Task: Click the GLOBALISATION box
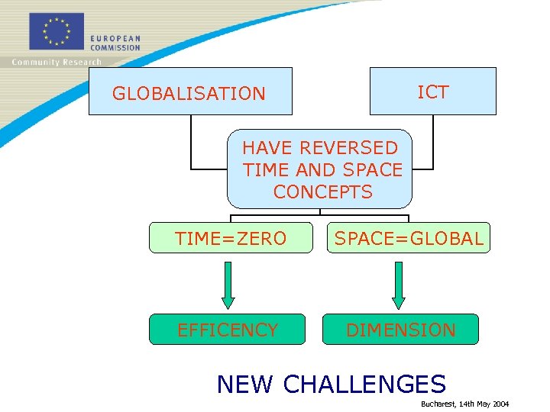pyautogui.click(x=189, y=92)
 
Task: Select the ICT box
pyautogui.click(x=432, y=92)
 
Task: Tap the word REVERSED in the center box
pyautogui.click(x=348, y=147)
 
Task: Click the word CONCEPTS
pyautogui.click(x=322, y=192)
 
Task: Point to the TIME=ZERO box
pyautogui.click(x=230, y=238)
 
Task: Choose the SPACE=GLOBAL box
pyautogui.click(x=409, y=238)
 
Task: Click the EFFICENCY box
pyautogui.click(x=227, y=330)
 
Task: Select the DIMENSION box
pyautogui.click(x=400, y=330)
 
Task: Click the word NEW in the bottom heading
pyautogui.click(x=244, y=384)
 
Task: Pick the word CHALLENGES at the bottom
pyautogui.click(x=364, y=384)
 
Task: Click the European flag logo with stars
pyautogui.click(x=56, y=31)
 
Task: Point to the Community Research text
pyautogui.click(x=56, y=62)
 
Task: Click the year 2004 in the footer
pyautogui.click(x=500, y=404)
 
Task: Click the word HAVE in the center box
pyautogui.click(x=267, y=147)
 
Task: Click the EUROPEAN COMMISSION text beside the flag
pyautogui.click(x=115, y=43)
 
